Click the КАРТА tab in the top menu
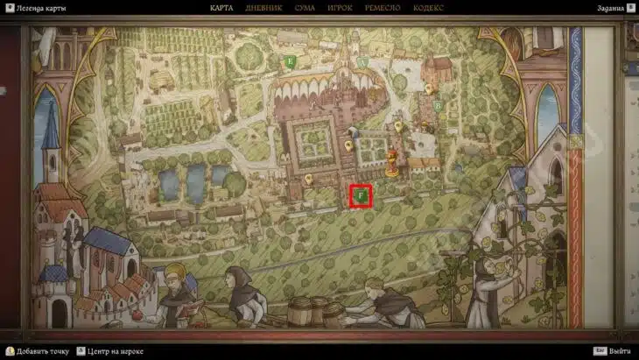[x=221, y=8]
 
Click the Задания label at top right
[x=610, y=8]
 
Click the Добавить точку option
[x=39, y=350]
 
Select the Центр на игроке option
[x=113, y=350]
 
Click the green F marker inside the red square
[x=362, y=196]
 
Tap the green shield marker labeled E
[x=290, y=62]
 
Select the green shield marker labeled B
[x=437, y=105]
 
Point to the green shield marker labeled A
[x=362, y=62]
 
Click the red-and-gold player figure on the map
[x=391, y=164]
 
